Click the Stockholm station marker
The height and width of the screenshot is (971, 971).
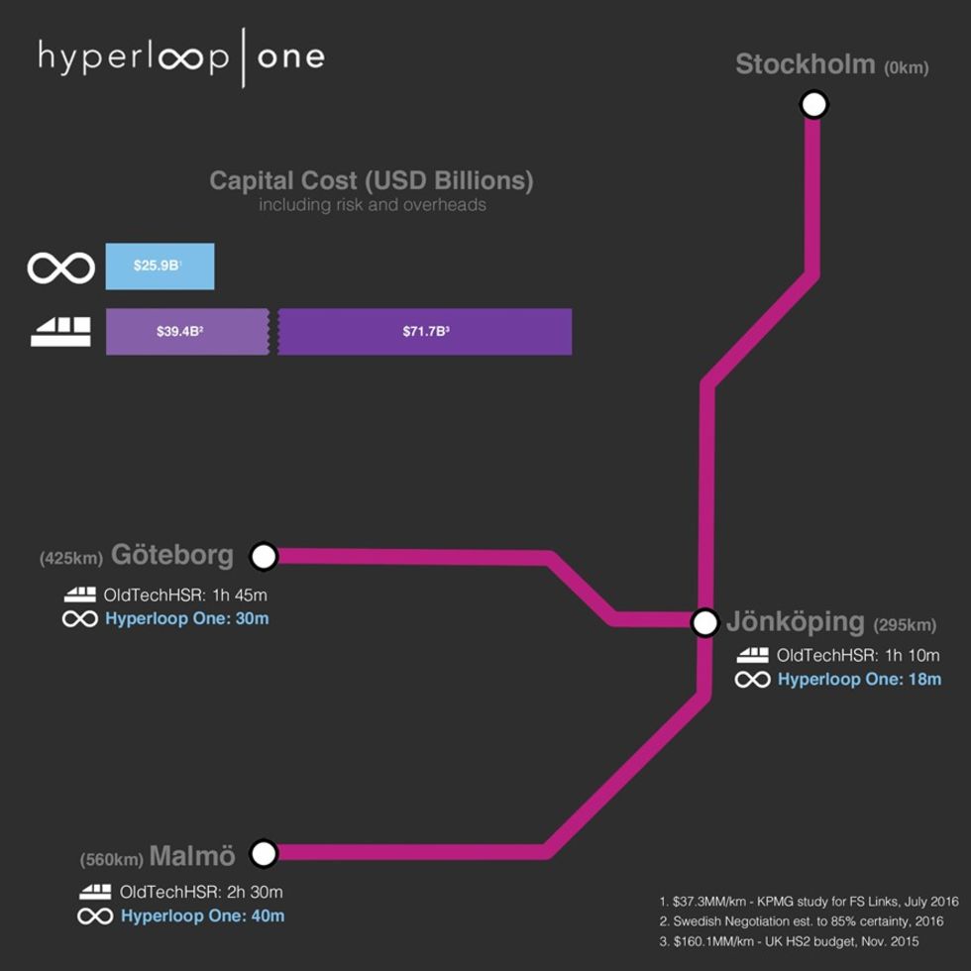(813, 104)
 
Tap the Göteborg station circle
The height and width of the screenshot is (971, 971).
(264, 556)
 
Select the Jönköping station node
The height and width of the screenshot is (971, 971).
(704, 622)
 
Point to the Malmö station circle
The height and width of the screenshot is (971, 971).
(264, 853)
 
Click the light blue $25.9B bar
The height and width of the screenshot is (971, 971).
(160, 267)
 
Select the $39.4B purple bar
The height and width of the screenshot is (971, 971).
(187, 331)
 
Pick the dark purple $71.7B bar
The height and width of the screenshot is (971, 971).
(425, 331)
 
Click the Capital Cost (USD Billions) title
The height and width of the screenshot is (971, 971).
(372, 180)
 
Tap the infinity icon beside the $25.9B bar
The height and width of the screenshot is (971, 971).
(61, 269)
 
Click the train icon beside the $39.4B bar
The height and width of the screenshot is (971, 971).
(60, 332)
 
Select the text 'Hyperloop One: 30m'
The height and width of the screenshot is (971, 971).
(187, 618)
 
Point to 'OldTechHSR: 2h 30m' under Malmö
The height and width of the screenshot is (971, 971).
(201, 892)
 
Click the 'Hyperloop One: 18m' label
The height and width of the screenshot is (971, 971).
(860, 680)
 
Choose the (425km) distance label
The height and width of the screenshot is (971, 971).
(71, 559)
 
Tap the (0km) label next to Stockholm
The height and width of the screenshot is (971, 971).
(906, 67)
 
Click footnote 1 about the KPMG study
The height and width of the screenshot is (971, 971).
(809, 902)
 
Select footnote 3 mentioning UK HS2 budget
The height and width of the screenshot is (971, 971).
(789, 942)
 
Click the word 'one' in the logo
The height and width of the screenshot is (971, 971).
(291, 57)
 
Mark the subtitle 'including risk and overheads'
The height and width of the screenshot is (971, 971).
(373, 205)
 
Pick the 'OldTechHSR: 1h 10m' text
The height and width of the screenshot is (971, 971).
(858, 655)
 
